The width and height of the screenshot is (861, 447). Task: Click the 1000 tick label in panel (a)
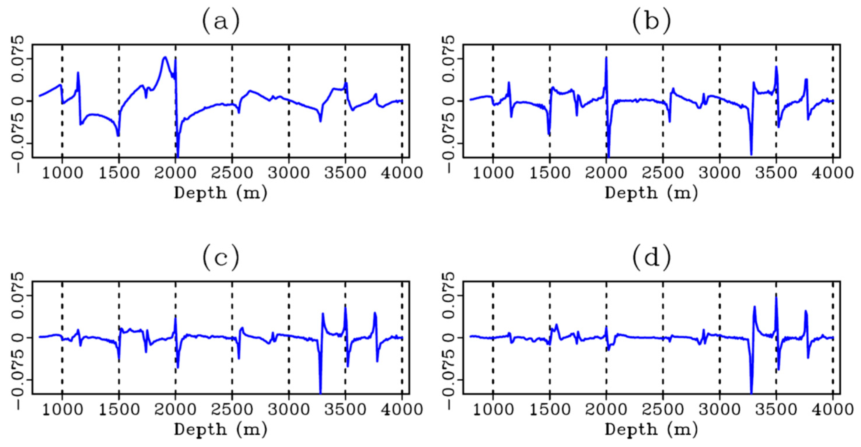[x=62, y=173]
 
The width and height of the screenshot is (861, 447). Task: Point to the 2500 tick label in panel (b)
[x=663, y=173]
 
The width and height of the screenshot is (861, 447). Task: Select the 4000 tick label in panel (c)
[x=402, y=410]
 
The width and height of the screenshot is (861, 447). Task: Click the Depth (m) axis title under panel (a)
[x=221, y=193]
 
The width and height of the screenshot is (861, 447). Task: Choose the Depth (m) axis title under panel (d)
[x=652, y=430]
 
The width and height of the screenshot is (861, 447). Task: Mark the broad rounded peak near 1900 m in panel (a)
[x=165, y=58]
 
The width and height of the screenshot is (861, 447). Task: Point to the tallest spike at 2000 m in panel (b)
[x=606, y=58]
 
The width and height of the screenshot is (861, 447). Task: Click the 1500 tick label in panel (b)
[x=550, y=173]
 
